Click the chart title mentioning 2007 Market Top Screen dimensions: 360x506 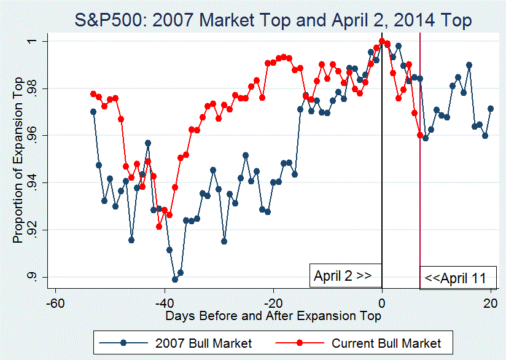point(273,20)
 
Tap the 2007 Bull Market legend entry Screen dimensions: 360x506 point(187,342)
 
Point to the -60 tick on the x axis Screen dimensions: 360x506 point(55,302)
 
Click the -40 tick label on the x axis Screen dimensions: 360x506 point(164,302)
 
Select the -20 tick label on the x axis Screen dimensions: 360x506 point(273,302)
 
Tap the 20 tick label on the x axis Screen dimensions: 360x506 point(490,302)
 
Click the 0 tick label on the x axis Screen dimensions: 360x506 point(382,302)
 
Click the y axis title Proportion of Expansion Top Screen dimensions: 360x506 point(18,160)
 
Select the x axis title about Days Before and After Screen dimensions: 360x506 point(273,316)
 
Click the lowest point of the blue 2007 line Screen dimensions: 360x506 point(175,279)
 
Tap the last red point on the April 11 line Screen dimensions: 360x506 point(420,135)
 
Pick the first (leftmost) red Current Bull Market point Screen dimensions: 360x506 point(93,94)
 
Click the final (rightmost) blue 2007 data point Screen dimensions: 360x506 point(491,109)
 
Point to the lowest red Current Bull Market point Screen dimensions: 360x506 point(159,226)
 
